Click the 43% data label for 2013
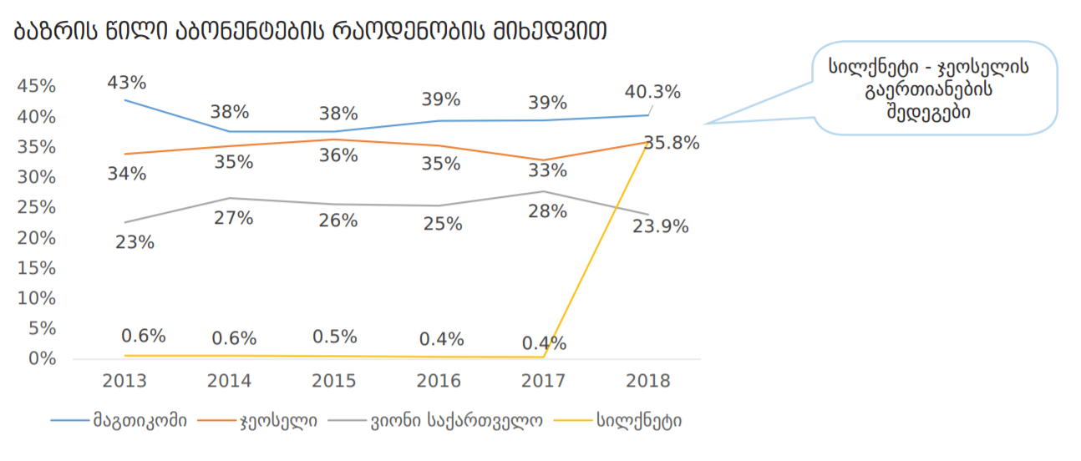pyautogui.click(x=127, y=84)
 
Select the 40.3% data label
pyautogui.click(x=652, y=92)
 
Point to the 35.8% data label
pyautogui.click(x=672, y=143)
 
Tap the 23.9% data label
pyautogui.click(x=661, y=226)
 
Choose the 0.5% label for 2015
pyautogui.click(x=335, y=337)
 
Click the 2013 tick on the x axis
pyautogui.click(x=124, y=381)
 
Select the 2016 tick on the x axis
pyautogui.click(x=439, y=381)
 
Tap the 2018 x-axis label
pyautogui.click(x=647, y=381)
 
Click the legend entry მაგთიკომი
pyautogui.click(x=140, y=420)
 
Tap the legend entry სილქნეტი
pyautogui.click(x=638, y=420)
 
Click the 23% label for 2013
pyautogui.click(x=134, y=242)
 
